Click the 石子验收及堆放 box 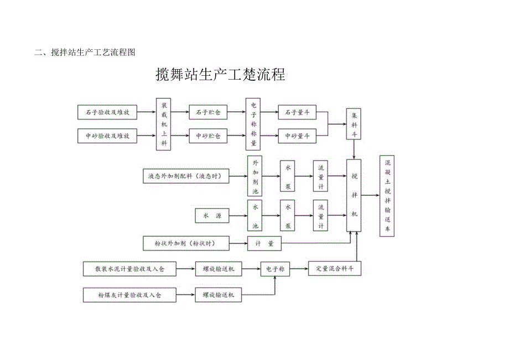click(107, 112)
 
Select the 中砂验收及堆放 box click(107, 135)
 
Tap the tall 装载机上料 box click(163, 124)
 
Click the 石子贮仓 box click(208, 112)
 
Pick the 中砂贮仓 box click(208, 135)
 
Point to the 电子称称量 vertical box click(253, 124)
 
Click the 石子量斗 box click(297, 112)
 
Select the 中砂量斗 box click(297, 135)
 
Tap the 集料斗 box click(354, 124)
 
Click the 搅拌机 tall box click(354, 195)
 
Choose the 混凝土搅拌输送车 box click(387, 196)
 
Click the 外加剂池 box click(254, 176)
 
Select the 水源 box click(212, 216)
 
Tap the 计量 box click(264, 243)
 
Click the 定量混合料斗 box click(335, 269)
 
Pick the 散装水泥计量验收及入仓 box click(129, 269)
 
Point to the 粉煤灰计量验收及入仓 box click(129, 295)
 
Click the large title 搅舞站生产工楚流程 click(221, 75)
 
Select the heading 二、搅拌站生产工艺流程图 click(85, 53)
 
